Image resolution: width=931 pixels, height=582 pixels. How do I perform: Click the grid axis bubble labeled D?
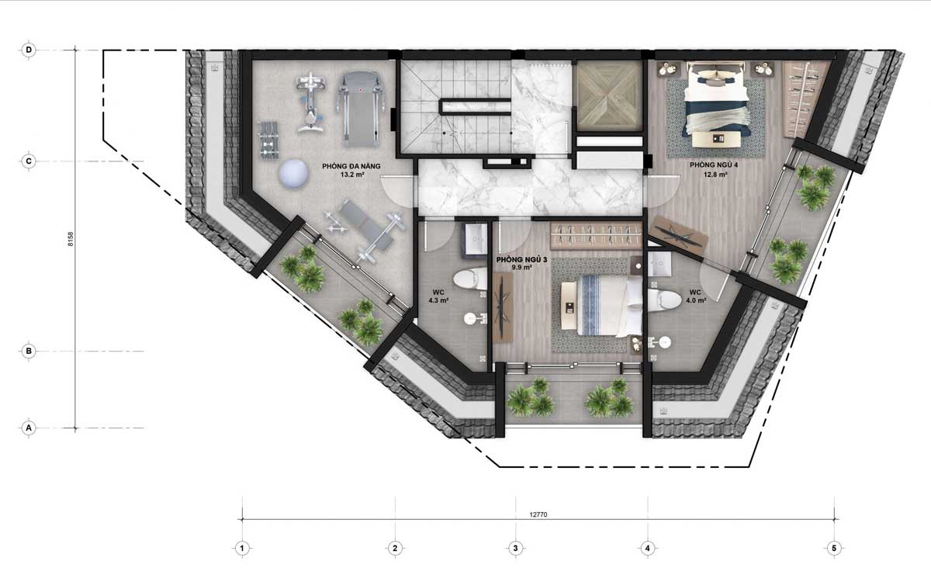coord(29,50)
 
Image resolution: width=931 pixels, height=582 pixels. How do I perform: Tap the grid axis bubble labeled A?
coord(29,428)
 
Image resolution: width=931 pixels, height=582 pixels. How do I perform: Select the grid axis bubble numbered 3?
coord(515,549)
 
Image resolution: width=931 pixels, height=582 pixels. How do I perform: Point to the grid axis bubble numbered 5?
coord(834,549)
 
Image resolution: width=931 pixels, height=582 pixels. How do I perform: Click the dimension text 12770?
coord(538,514)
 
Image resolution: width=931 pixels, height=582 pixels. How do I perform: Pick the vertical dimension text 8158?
coord(71,239)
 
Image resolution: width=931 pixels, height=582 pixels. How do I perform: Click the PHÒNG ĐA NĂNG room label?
coord(351,166)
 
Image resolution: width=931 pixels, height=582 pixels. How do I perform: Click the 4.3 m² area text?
coord(438,300)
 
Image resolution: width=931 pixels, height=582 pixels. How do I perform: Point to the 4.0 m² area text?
coord(696,300)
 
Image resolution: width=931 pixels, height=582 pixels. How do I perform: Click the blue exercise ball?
coord(294,173)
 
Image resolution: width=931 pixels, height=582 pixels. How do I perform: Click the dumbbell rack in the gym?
coord(269,140)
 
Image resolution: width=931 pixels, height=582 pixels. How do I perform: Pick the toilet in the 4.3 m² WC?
coord(470,279)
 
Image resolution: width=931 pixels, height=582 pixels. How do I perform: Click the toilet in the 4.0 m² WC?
coord(664,300)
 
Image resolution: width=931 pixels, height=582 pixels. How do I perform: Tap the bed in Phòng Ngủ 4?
coord(716,105)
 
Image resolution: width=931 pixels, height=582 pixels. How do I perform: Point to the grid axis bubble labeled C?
coord(29,161)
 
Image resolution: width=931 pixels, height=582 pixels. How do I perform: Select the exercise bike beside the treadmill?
coord(310,102)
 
